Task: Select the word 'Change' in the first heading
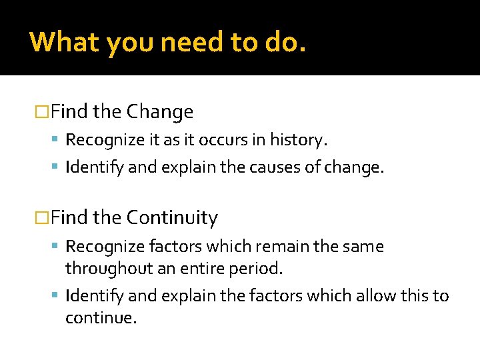point(160,111)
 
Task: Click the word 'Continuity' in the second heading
point(172,217)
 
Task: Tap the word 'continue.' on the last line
point(101,317)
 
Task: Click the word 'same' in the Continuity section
point(365,247)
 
